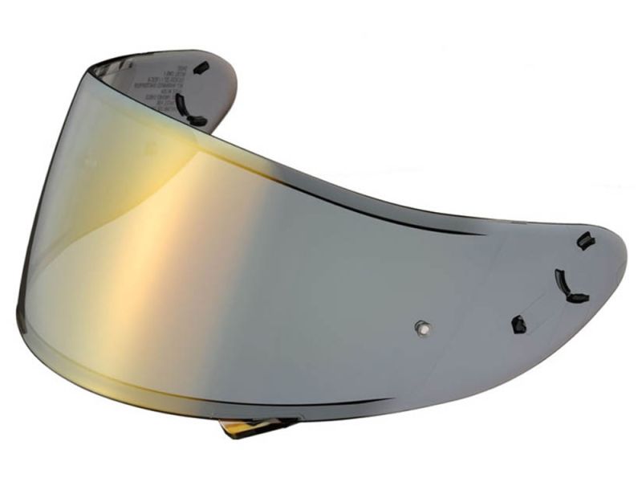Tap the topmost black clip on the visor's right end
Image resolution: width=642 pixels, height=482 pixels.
click(x=586, y=240)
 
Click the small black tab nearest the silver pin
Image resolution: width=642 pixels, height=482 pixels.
click(x=518, y=325)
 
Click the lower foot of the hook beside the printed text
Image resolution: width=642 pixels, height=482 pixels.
click(x=197, y=122)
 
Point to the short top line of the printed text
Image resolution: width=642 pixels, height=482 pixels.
click(x=165, y=68)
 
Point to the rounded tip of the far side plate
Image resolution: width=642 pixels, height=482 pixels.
click(x=233, y=80)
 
